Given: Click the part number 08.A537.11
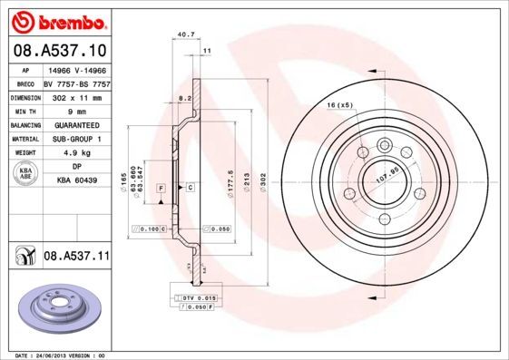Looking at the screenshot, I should click(x=76, y=258).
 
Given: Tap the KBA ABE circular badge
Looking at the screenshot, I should click(x=24, y=174).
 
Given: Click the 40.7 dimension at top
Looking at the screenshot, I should click(x=187, y=35).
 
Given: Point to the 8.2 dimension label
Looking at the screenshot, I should click(x=185, y=96).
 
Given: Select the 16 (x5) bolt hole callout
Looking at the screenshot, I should click(x=339, y=106).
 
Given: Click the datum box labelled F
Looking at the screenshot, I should click(x=161, y=187).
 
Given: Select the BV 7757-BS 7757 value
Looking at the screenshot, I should click(x=76, y=82).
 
